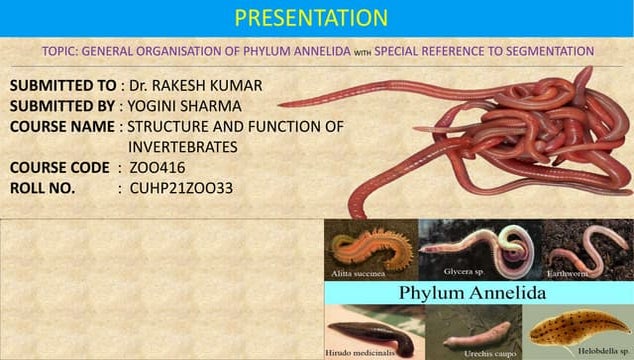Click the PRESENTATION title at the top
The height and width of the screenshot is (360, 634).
310,17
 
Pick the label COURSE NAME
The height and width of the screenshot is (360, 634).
62,126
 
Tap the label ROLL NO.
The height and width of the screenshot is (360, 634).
40,186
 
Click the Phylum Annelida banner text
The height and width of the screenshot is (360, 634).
472,293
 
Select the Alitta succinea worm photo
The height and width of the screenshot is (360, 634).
370,250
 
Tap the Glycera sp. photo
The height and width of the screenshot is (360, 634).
475,250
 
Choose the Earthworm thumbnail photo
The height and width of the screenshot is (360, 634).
588,250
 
